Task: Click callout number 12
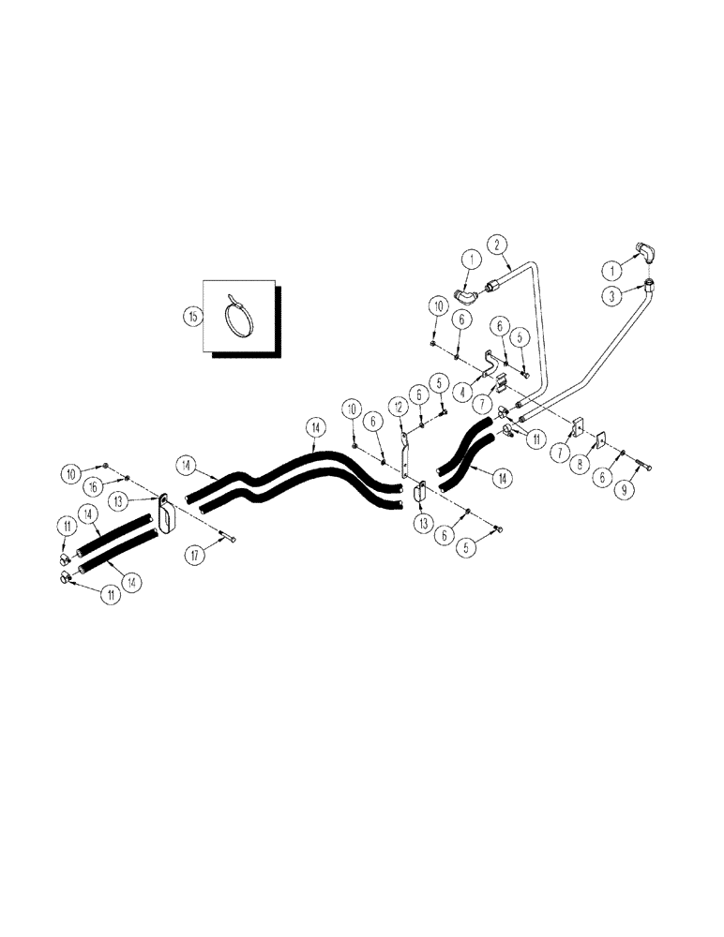tap(400, 408)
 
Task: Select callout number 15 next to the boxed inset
tap(193, 317)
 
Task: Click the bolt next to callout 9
tap(645, 466)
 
